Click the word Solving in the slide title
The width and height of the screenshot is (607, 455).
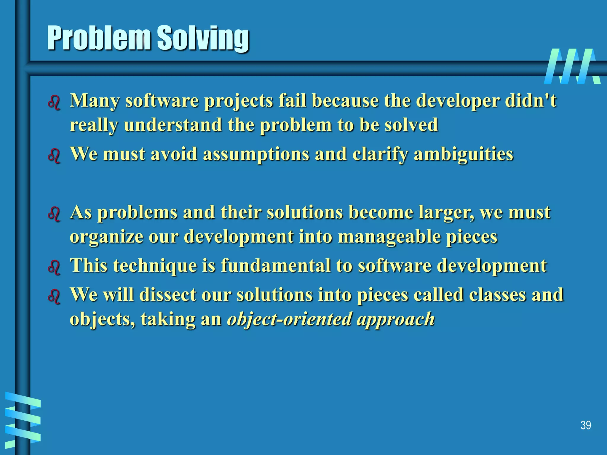point(203,39)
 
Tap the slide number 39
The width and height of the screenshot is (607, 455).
point(586,425)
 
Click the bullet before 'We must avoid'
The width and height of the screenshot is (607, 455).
point(54,156)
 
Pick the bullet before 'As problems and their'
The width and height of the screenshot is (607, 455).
point(54,214)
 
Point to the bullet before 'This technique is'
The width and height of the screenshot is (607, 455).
point(54,267)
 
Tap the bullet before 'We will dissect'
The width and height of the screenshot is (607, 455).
point(54,296)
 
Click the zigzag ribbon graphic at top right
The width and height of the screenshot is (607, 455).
point(572,66)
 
